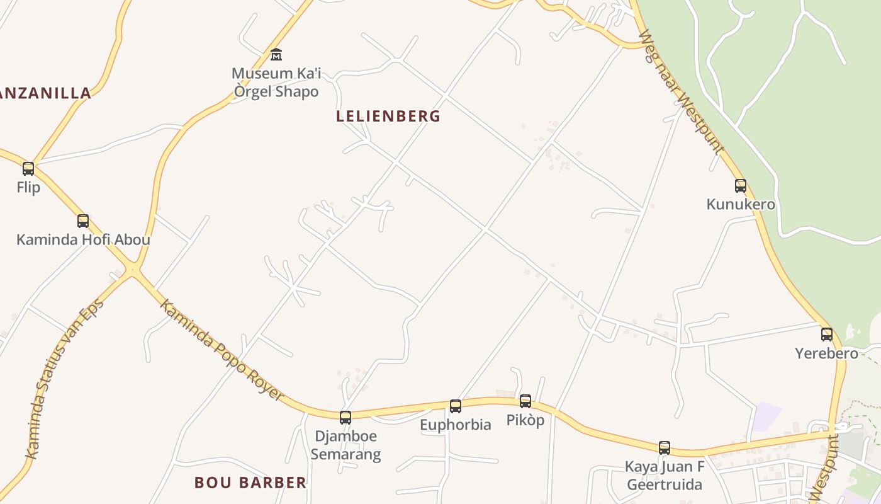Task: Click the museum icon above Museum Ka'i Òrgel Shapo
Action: [276, 55]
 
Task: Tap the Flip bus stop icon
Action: [28, 169]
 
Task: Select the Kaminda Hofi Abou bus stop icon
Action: [83, 221]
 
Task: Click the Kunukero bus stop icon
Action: [741, 186]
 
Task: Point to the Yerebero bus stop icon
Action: [827, 335]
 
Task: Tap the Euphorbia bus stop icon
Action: [456, 406]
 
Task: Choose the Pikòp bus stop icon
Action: [525, 401]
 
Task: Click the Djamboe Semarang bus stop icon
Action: [345, 418]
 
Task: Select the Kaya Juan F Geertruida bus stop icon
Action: [665, 448]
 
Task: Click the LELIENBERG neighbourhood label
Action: [388, 117]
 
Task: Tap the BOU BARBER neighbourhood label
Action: [250, 483]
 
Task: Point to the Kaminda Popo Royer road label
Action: [222, 350]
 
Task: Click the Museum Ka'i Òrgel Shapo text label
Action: [276, 83]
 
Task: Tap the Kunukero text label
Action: [741, 205]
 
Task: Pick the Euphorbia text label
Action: [456, 425]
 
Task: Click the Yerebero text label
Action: [827, 353]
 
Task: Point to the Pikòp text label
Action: [525, 420]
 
